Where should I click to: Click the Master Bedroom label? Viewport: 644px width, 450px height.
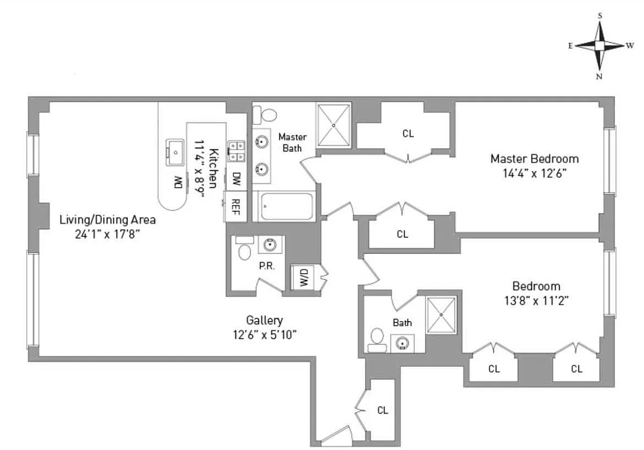[534, 159]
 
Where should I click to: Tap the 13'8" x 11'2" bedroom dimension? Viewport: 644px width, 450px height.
[536, 301]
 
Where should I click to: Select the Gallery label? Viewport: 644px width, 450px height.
[264, 320]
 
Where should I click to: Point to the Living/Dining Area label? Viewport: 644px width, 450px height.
[107, 219]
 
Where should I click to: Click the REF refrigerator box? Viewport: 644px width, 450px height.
[236, 207]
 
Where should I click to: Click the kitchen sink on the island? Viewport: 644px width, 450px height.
[176, 153]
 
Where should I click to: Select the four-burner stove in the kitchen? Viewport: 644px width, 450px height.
[236, 151]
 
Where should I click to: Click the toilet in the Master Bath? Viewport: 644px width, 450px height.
[264, 115]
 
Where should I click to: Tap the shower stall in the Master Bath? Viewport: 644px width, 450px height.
[334, 125]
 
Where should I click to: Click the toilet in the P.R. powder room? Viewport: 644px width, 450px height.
[244, 248]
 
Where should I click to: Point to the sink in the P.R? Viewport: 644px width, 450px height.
[270, 245]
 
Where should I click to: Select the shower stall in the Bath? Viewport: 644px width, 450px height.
[441, 315]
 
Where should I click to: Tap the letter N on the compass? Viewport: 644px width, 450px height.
[599, 77]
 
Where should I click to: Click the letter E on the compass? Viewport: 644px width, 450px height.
[570, 46]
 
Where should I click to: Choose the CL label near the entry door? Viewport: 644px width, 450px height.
[383, 410]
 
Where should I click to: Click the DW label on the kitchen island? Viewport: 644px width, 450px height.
[178, 182]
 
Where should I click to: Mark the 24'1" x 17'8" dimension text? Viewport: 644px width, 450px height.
[107, 234]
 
